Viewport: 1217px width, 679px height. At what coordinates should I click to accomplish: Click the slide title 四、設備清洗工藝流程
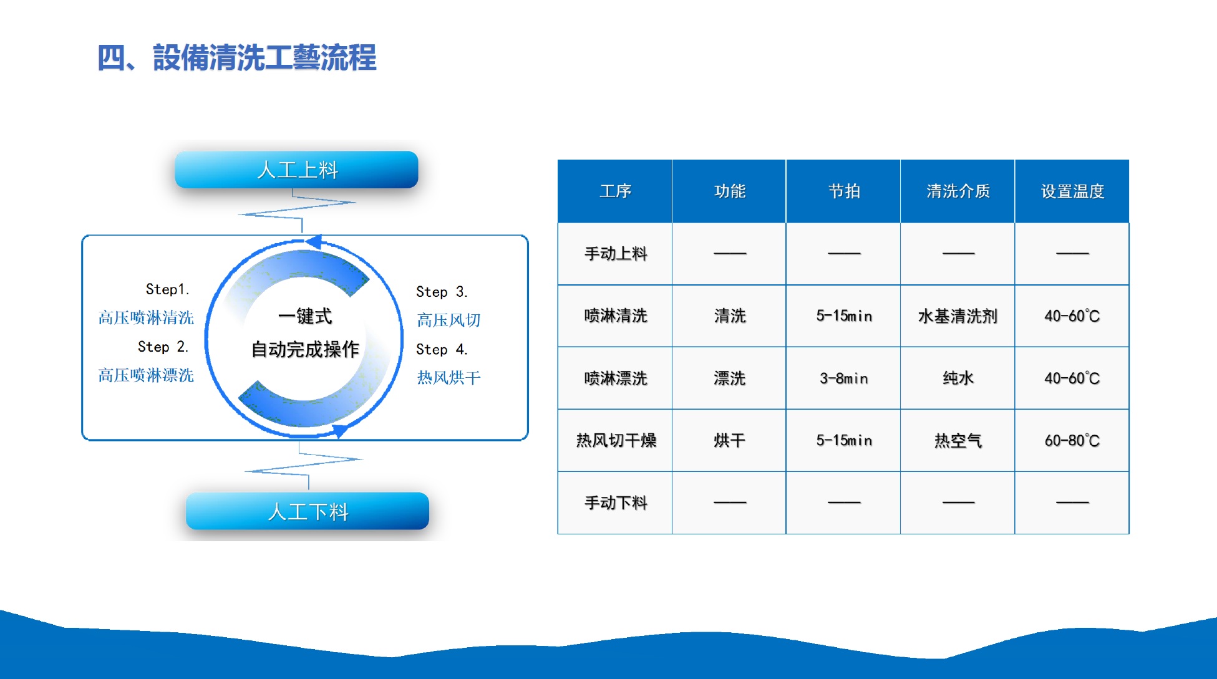click(237, 57)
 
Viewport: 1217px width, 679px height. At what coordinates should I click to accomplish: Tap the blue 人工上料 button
click(296, 170)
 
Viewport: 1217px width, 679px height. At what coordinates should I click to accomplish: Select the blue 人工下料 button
click(308, 511)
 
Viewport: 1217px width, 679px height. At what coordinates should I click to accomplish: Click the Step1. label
click(167, 289)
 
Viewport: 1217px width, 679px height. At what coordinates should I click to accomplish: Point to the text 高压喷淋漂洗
click(146, 375)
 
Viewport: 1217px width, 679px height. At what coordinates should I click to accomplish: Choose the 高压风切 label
click(448, 320)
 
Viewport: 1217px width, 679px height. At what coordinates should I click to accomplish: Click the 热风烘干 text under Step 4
click(448, 377)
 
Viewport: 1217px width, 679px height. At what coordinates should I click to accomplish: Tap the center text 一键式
click(305, 316)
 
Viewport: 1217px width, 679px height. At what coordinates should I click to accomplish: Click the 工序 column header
click(615, 191)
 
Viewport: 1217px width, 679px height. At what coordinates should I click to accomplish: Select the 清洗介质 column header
click(958, 191)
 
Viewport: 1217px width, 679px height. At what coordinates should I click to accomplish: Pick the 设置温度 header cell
click(1072, 191)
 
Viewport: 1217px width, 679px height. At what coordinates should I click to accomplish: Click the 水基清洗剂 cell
click(958, 316)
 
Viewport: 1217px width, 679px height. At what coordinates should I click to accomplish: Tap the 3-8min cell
click(843, 378)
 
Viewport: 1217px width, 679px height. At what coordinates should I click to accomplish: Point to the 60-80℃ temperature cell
click(1072, 441)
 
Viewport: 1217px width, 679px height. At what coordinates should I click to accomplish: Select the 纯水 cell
click(958, 378)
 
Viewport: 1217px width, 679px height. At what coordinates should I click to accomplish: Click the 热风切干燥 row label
click(616, 441)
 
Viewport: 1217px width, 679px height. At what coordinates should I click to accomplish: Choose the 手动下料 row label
click(616, 503)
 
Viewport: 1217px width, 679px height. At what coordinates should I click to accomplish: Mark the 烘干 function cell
click(729, 441)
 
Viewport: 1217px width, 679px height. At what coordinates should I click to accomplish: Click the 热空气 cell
click(958, 441)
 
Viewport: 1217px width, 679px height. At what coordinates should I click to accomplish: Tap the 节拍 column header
click(843, 191)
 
